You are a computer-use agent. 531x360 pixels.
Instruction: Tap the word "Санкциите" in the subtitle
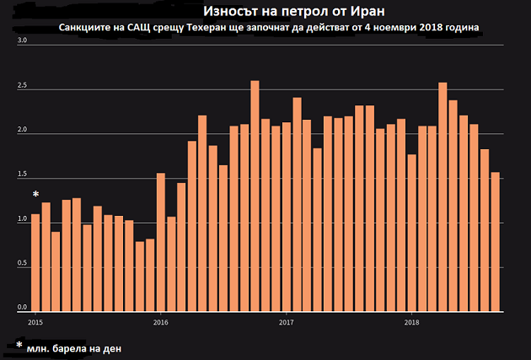pyautogui.click(x=86, y=27)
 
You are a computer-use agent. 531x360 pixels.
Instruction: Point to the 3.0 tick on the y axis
pyautogui.click(x=23, y=40)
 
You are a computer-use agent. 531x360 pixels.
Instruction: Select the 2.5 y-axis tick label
pyautogui.click(x=23, y=86)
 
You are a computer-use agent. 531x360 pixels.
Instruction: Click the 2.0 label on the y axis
pyautogui.click(x=23, y=131)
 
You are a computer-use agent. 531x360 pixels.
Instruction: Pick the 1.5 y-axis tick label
pyautogui.click(x=23, y=175)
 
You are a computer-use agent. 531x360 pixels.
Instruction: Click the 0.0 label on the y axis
pyautogui.click(x=23, y=307)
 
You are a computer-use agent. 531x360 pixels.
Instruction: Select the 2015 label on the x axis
pyautogui.click(x=35, y=322)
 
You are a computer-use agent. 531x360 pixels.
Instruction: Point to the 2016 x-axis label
pyautogui.click(x=160, y=322)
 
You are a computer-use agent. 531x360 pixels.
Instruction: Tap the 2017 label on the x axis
pyautogui.click(x=287, y=322)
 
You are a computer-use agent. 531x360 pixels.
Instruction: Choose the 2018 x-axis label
pyautogui.click(x=412, y=322)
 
